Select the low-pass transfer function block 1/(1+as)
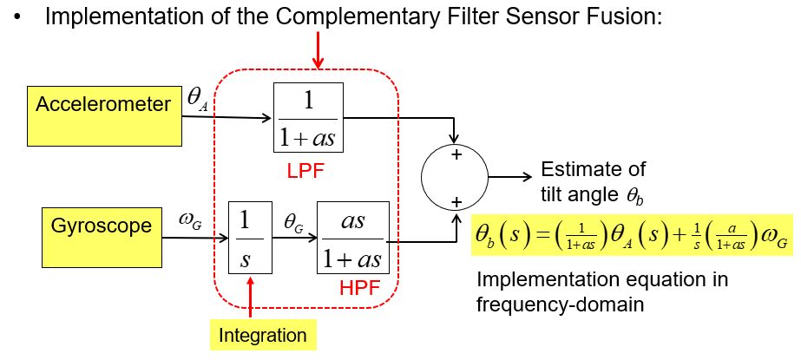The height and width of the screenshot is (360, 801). tap(308, 119)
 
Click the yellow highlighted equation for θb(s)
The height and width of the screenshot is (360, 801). tap(631, 235)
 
